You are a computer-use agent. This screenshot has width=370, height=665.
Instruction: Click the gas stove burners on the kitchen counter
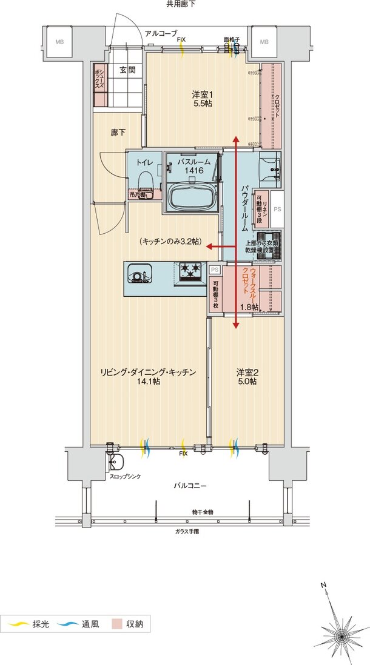click(189, 272)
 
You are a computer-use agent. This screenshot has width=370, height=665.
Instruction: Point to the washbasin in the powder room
click(269, 167)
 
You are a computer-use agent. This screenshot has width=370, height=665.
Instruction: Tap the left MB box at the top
click(59, 42)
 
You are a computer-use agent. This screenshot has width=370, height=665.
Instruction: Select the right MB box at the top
click(264, 42)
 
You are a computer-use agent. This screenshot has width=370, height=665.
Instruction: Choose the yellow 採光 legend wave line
click(18, 623)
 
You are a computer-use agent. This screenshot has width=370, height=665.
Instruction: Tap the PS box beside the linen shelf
click(277, 209)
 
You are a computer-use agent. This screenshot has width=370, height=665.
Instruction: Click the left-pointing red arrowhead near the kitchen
click(208, 246)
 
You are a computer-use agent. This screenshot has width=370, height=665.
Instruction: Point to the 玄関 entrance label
click(126, 70)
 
